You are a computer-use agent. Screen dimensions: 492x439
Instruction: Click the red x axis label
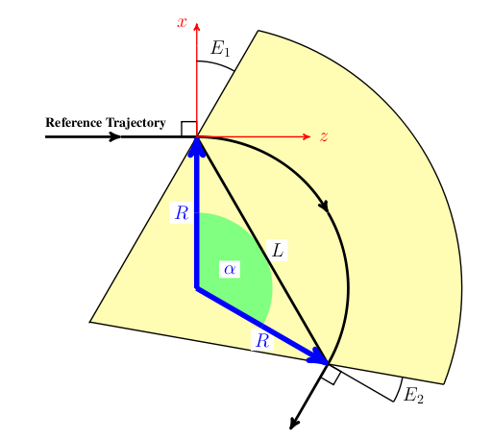tap(183, 22)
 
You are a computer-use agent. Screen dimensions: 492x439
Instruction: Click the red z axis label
tap(324, 136)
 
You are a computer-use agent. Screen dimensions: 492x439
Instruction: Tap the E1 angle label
tap(220, 49)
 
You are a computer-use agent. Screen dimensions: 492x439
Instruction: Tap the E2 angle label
tap(413, 395)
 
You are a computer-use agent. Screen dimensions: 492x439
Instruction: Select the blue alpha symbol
tap(230, 269)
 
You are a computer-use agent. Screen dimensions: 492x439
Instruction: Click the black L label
tap(278, 250)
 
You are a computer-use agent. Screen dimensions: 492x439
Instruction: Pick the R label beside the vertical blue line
tap(182, 213)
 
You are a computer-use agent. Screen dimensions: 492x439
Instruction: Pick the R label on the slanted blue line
tap(262, 341)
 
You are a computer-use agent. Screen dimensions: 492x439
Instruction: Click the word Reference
tap(74, 123)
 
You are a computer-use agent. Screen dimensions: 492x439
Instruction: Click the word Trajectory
tap(135, 123)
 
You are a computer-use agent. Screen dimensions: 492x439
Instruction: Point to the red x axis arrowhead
tap(197, 27)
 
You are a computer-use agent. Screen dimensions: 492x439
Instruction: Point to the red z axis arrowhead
tap(307, 136)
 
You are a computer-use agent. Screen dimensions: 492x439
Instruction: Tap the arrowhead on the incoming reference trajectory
tap(114, 136)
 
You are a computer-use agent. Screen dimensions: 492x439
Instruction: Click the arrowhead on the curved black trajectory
tap(324, 206)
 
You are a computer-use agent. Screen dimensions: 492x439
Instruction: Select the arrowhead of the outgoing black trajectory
tap(294, 424)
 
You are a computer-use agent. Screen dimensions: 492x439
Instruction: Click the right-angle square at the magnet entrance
tap(188, 129)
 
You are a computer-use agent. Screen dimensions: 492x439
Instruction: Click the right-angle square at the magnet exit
tap(331, 374)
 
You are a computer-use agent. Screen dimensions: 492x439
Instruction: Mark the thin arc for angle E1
tap(216, 63)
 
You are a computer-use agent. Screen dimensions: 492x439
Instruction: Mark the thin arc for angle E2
tap(400, 389)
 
